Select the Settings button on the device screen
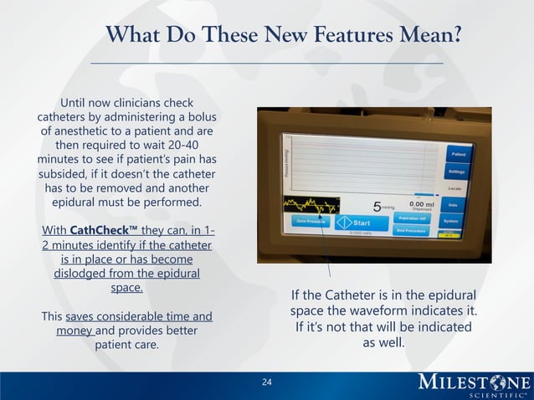(457, 172)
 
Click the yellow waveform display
(311, 205)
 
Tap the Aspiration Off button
(411, 218)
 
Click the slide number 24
(267, 383)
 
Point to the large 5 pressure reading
(377, 206)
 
